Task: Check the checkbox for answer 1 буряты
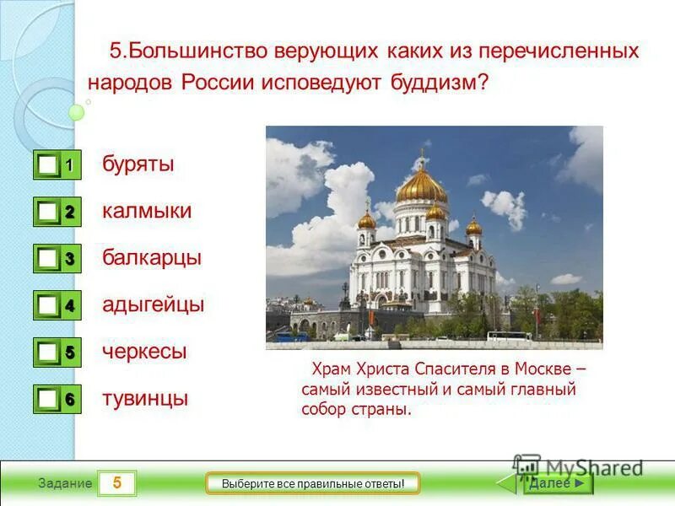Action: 49,165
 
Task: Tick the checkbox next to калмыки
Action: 49,213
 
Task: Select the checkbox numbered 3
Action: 49,259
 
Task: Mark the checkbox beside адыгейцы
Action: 49,305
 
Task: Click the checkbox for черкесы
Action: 49,353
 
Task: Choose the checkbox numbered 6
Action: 49,399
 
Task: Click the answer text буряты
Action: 138,164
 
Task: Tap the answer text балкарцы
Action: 152,257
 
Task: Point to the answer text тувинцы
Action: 145,398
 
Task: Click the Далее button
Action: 557,483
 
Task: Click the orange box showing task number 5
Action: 117,483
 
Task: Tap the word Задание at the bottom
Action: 65,484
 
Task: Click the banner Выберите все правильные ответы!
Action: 313,483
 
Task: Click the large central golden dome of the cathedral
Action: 422,184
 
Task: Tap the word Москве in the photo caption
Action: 543,369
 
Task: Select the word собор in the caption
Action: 322,410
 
